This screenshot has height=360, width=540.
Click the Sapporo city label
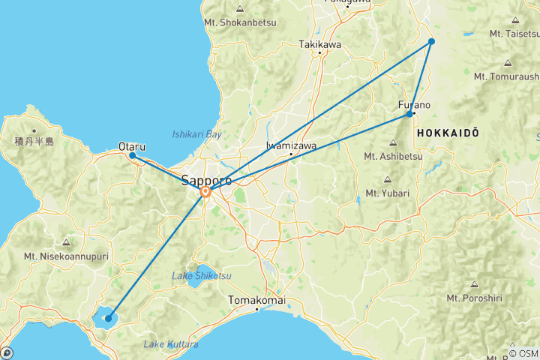tap(206, 180)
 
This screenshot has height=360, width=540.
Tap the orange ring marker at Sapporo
tap(205, 192)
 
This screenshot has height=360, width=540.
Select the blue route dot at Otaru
tap(133, 156)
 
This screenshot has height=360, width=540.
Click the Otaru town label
tap(132, 147)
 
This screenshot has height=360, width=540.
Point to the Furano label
tap(414, 105)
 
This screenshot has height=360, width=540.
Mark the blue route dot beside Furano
tap(409, 114)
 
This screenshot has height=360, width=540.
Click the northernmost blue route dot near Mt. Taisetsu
tap(432, 41)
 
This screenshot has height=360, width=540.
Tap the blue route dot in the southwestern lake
tap(109, 319)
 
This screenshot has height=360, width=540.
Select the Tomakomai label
tap(256, 300)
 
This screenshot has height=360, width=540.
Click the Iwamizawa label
tap(291, 145)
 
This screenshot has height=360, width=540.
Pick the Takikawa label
tap(320, 44)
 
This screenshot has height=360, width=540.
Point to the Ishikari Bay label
tap(197, 134)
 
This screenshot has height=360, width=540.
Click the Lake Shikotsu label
tap(201, 277)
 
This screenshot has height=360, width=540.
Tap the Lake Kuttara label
tap(171, 344)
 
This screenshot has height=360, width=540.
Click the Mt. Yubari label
tap(387, 193)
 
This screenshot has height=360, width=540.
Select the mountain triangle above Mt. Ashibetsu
tap(394, 143)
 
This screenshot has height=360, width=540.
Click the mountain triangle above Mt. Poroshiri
tap(473, 284)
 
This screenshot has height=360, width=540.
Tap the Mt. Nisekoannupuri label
tap(67, 255)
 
